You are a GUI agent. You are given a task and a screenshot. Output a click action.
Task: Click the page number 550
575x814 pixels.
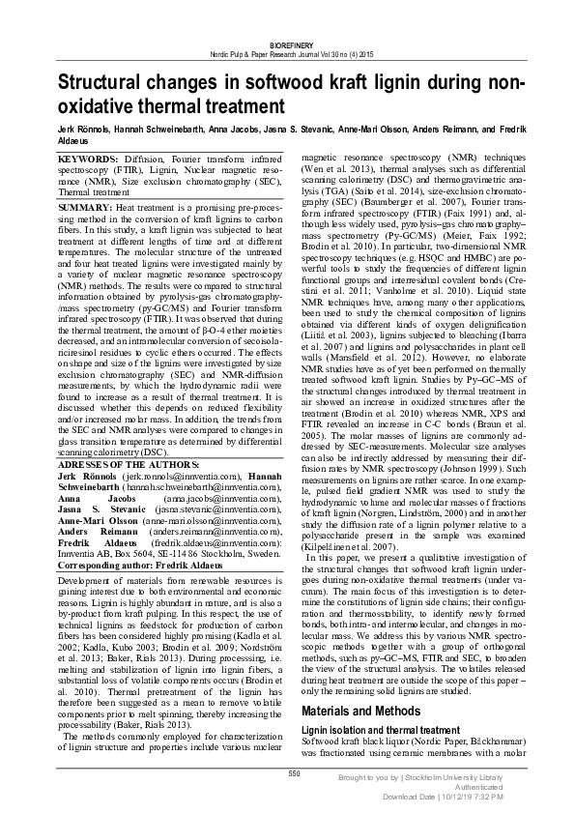295,774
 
